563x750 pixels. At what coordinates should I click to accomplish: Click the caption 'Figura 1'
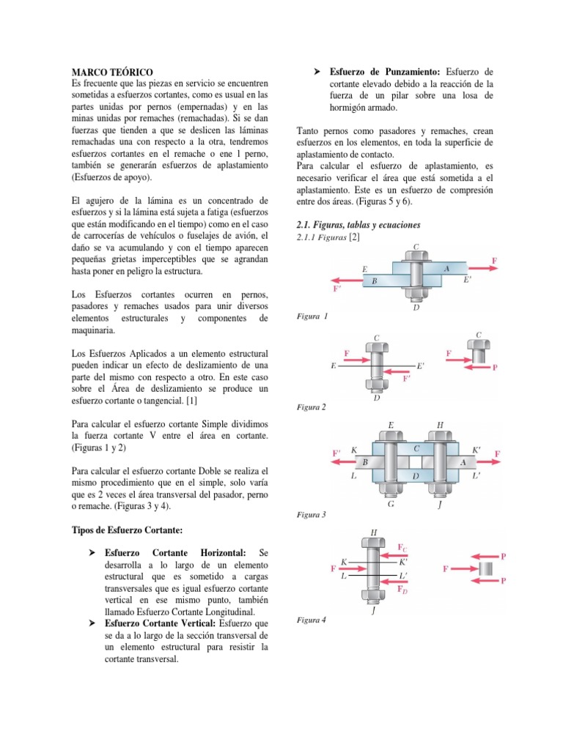pyautogui.click(x=313, y=316)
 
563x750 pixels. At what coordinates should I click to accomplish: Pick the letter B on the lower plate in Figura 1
pyautogui.click(x=374, y=281)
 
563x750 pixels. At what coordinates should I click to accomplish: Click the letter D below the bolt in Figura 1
pyautogui.click(x=416, y=308)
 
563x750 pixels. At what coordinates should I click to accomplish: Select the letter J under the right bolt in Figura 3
pyautogui.click(x=441, y=505)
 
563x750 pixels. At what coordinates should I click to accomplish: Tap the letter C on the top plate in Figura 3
pyautogui.click(x=416, y=448)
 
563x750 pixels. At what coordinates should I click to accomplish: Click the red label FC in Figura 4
pyautogui.click(x=403, y=547)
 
